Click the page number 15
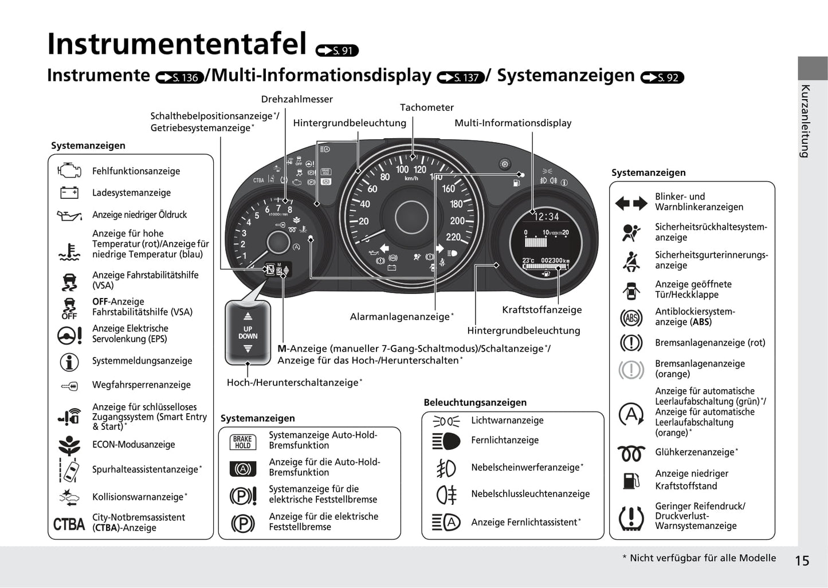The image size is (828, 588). tap(802, 561)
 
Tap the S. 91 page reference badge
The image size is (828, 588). tap(337, 50)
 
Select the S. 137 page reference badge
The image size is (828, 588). tap(461, 77)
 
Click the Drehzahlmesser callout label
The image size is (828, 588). tap(297, 99)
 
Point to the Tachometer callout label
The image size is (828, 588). tap(426, 107)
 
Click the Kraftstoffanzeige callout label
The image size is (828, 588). tap(541, 309)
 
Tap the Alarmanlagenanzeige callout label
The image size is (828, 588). tap(402, 316)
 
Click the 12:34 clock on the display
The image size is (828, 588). tap(546, 216)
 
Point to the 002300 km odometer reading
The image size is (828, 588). tap(555, 260)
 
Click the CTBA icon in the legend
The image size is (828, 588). tap(69, 524)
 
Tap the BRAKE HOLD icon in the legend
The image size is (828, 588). tap(242, 442)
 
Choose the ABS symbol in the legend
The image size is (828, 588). tap(631, 317)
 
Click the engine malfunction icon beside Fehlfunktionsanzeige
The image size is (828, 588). tap(69, 170)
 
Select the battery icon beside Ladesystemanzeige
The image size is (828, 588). tap(69, 193)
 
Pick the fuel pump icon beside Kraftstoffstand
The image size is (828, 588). tap(631, 481)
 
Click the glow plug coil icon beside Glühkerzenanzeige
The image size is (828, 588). tap(631, 453)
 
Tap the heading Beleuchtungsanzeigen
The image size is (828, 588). tap(475, 402)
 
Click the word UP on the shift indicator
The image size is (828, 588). tap(248, 329)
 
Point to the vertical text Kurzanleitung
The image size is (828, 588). tap(805, 121)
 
